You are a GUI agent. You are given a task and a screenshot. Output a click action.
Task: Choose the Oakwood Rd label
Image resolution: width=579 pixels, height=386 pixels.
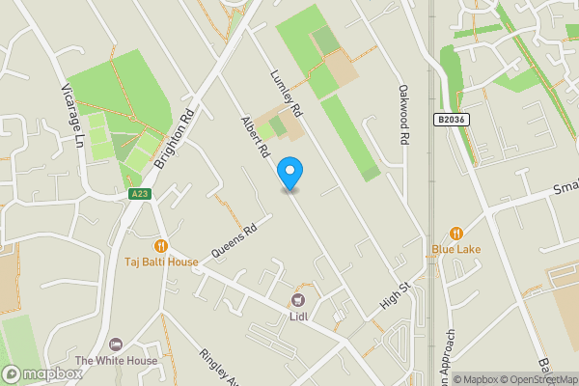(404, 115)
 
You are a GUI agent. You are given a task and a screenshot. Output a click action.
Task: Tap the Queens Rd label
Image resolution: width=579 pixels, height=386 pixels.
(235, 238)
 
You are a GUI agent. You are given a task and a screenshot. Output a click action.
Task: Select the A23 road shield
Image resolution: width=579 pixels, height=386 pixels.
(140, 194)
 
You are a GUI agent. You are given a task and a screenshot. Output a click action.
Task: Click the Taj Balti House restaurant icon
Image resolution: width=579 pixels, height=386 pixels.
(161, 246)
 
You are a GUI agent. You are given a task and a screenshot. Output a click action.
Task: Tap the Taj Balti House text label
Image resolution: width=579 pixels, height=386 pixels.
(161, 262)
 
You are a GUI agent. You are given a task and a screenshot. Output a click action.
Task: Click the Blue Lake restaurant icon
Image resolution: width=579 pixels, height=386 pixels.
(456, 234)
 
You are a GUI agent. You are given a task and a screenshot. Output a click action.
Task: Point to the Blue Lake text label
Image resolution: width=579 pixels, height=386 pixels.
(456, 249)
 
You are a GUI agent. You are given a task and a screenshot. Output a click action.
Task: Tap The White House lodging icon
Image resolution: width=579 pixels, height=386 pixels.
(117, 345)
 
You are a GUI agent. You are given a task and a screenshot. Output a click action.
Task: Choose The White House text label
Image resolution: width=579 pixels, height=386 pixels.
(117, 361)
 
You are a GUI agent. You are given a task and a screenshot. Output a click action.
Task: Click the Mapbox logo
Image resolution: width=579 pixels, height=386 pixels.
(41, 373)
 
